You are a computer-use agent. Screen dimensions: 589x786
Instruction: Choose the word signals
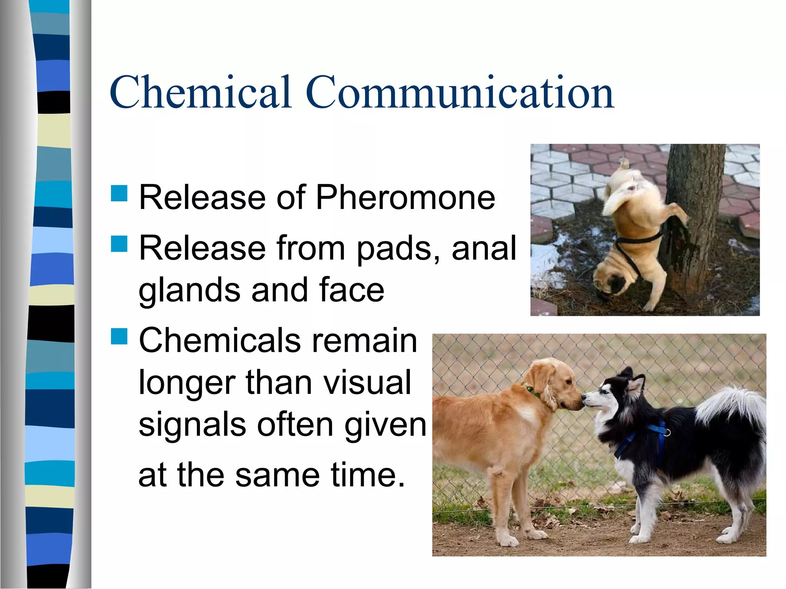click(192, 425)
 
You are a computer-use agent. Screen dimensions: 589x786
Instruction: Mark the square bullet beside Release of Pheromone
click(119, 193)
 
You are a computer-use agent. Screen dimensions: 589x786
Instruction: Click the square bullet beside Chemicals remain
click(119, 336)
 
